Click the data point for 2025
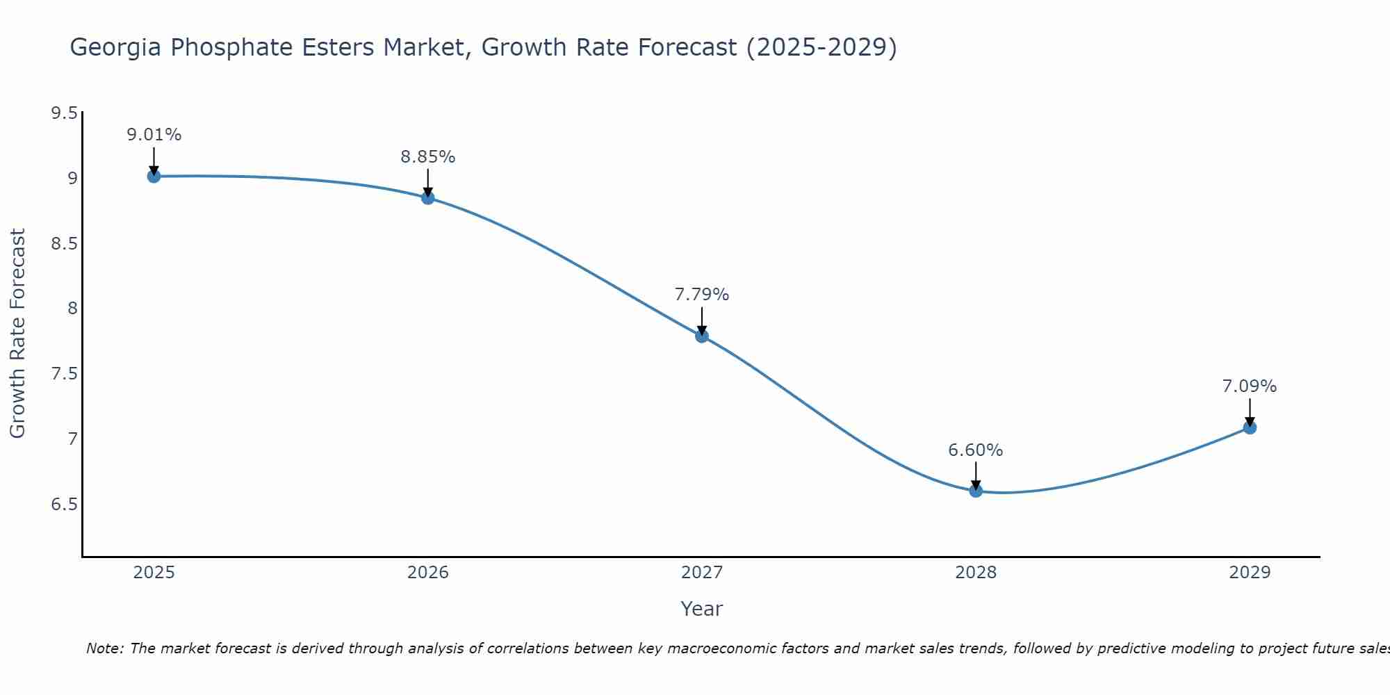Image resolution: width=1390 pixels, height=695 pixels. (154, 177)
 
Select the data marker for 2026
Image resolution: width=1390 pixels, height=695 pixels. (428, 198)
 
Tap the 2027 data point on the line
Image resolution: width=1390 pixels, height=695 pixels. (702, 336)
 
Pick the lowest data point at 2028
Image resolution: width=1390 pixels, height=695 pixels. (976, 491)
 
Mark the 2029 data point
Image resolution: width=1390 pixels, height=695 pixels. (1250, 427)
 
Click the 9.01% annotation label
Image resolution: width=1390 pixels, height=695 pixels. (154, 135)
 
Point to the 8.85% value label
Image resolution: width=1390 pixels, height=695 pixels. (428, 157)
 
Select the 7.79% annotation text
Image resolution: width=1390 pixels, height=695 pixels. (702, 295)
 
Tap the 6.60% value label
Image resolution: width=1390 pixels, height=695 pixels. (976, 450)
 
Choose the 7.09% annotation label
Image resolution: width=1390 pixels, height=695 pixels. (1250, 386)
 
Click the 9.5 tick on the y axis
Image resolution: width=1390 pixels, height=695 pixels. (64, 113)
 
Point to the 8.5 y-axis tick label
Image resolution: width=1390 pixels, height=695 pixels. (64, 243)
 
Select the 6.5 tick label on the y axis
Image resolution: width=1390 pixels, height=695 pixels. (64, 504)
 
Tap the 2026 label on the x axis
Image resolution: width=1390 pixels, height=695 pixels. (428, 573)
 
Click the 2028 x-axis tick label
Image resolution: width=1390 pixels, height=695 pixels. (976, 573)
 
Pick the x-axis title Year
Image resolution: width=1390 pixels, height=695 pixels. (702, 609)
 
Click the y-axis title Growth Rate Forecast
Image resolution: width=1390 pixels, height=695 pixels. (17, 334)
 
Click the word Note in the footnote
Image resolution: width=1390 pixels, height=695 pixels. (104, 648)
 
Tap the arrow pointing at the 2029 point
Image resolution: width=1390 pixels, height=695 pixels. (1250, 412)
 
